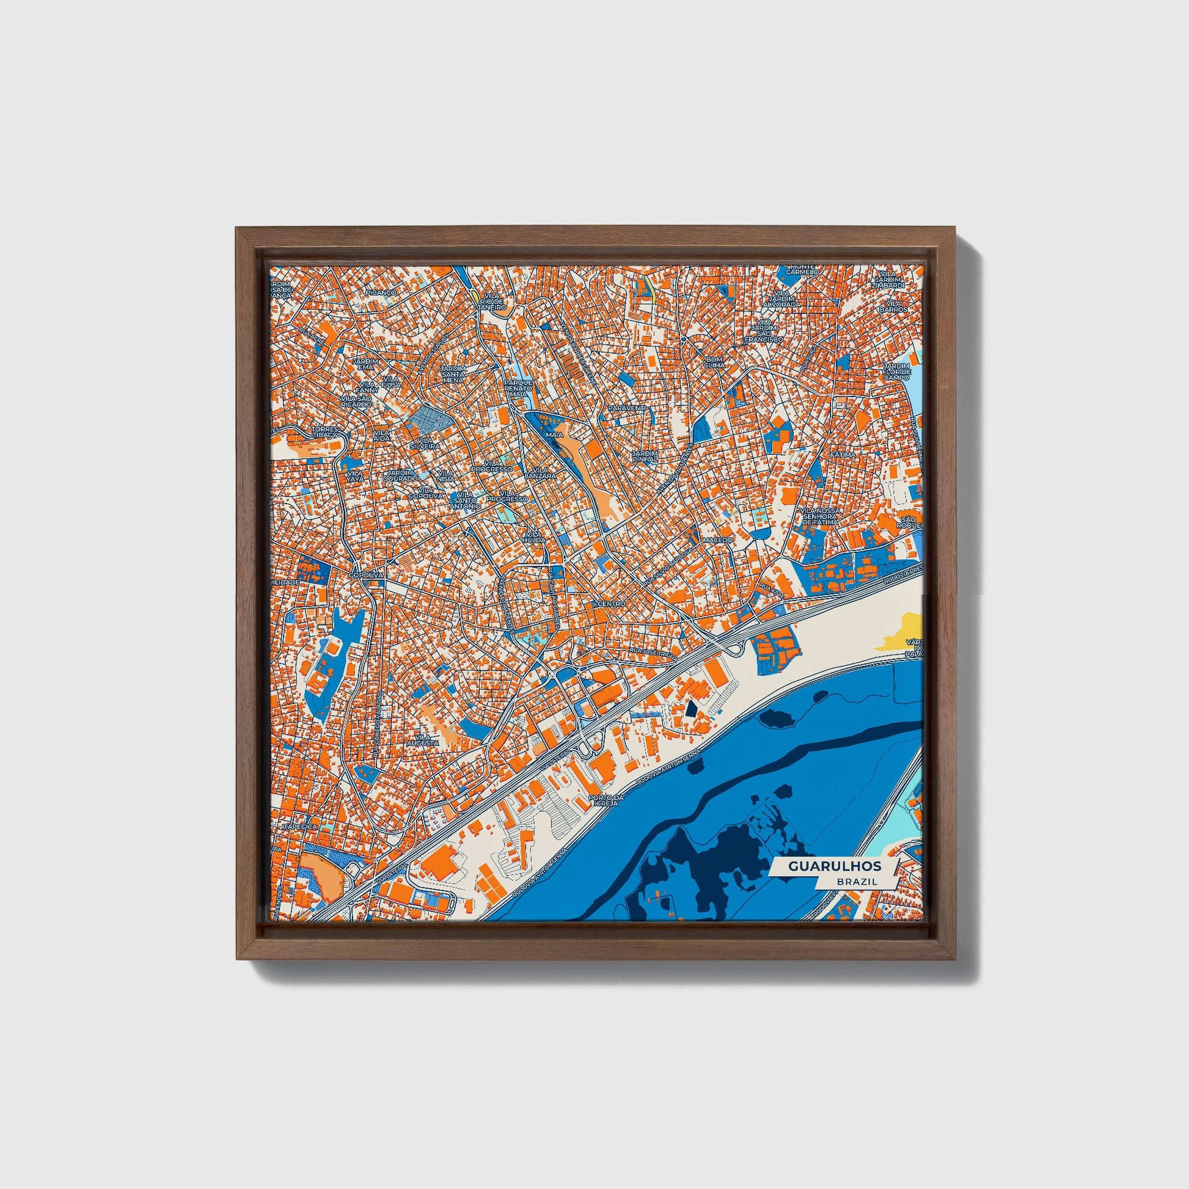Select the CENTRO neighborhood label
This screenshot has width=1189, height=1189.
pyautogui.click(x=611, y=604)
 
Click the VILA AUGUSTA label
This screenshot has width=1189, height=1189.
pyautogui.click(x=426, y=740)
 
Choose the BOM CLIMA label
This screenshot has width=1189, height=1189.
pyautogui.click(x=714, y=362)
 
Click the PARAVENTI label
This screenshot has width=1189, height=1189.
pyautogui.click(x=625, y=408)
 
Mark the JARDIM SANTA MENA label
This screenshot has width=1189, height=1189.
pyautogui.click(x=453, y=373)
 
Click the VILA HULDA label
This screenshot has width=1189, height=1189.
pyautogui.click(x=533, y=536)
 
